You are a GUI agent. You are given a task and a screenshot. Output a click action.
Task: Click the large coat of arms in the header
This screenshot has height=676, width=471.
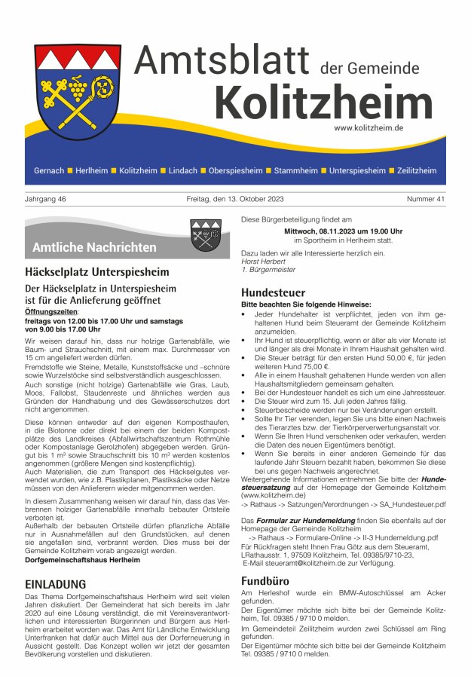pyautogui.click(x=78, y=90)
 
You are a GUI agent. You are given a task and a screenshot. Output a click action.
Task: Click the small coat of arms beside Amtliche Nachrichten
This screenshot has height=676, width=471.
pyautogui.click(x=205, y=235)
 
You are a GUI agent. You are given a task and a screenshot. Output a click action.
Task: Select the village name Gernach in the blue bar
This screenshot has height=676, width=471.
pyautogui.click(x=49, y=171)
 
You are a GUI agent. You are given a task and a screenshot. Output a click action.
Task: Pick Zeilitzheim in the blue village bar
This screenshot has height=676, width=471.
pyautogui.click(x=416, y=171)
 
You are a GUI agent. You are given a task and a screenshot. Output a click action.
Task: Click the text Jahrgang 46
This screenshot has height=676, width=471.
pyautogui.click(x=45, y=199)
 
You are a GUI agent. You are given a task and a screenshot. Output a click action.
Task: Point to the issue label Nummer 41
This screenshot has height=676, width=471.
pyautogui.click(x=426, y=199)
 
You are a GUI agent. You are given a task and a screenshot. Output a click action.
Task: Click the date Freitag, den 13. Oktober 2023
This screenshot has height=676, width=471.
pyautogui.click(x=235, y=199)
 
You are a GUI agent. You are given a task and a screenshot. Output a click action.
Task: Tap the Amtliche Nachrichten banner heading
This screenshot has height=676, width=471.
pyautogui.click(x=94, y=247)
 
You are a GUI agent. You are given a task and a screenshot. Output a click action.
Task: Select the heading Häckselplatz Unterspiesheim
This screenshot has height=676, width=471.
pyautogui.click(x=97, y=271)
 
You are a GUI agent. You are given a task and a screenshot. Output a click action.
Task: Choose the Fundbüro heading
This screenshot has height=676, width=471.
pyautogui.click(x=265, y=581)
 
